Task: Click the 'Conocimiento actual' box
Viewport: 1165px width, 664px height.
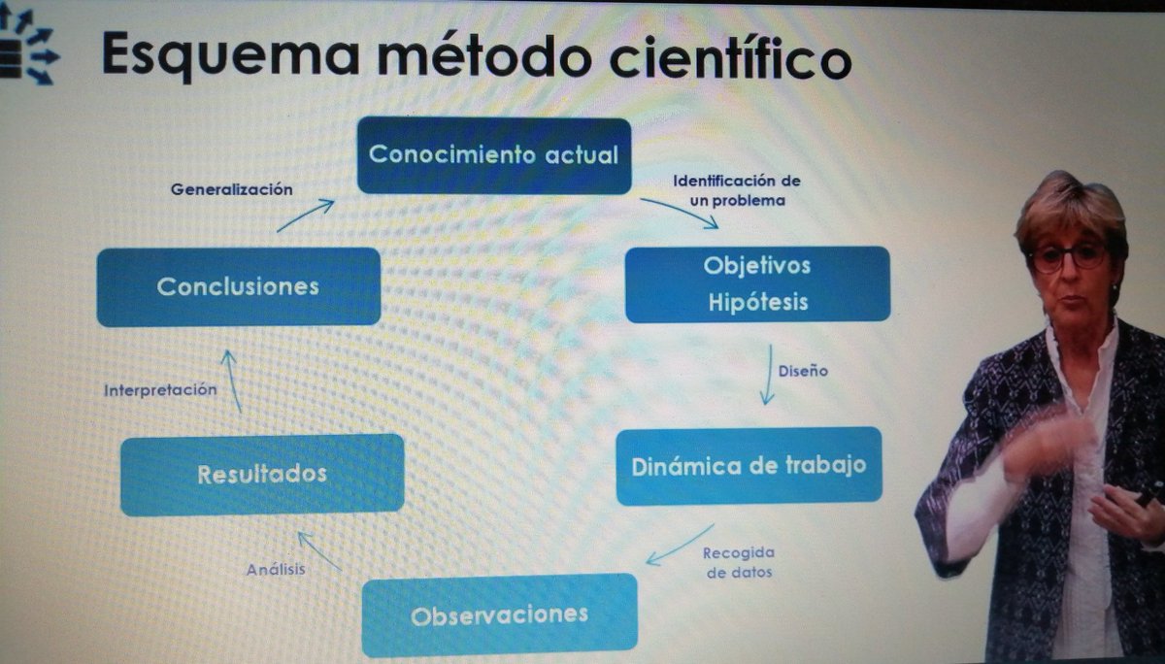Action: tap(493, 155)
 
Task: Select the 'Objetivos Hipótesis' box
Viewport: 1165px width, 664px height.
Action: tap(757, 283)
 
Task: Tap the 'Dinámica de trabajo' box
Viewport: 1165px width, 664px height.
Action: tap(749, 465)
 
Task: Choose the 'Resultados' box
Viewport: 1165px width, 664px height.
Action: tap(261, 474)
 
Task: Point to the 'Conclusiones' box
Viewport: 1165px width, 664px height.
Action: tap(238, 286)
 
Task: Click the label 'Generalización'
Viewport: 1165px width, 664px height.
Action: tap(231, 189)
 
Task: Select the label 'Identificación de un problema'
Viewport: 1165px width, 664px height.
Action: tap(737, 190)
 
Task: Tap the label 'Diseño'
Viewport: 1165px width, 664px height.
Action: tap(803, 370)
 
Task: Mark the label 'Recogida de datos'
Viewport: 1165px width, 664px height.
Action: tap(740, 562)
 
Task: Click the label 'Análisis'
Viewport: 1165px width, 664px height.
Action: tap(276, 569)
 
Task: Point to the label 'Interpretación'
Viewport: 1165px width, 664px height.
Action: tap(160, 389)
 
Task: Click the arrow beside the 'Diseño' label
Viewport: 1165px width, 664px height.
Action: tap(769, 374)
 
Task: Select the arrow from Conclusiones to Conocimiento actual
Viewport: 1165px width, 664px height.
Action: tap(305, 215)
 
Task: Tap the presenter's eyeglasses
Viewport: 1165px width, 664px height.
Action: tap(1068, 257)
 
